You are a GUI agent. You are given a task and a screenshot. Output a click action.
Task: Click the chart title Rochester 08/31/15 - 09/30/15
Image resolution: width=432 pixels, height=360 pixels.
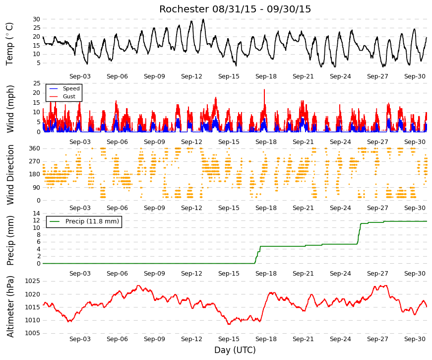tap(235, 9)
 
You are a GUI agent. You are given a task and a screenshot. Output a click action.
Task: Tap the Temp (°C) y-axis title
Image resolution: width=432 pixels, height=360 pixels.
tap(9, 44)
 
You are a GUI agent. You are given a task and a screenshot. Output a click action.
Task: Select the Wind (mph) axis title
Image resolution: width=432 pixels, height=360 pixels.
tap(10, 109)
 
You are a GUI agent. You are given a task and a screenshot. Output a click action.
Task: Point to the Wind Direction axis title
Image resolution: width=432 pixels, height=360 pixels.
tap(10, 175)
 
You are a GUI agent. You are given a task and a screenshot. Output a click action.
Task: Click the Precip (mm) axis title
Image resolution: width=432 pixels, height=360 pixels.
tap(10, 240)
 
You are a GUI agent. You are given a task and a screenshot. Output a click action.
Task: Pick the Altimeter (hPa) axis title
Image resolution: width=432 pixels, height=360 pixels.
tap(10, 306)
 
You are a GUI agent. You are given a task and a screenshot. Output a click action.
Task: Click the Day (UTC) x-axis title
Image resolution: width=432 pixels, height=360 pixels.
tap(235, 350)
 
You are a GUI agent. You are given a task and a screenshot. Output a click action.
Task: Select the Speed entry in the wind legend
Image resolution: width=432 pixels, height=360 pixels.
tap(71, 88)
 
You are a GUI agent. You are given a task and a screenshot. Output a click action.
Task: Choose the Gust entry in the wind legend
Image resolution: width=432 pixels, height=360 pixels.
tap(69, 96)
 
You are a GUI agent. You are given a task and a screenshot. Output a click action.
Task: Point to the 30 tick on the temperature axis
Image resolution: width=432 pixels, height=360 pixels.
tap(36, 19)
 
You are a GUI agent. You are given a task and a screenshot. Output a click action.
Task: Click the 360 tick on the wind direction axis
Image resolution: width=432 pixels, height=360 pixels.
tap(35, 148)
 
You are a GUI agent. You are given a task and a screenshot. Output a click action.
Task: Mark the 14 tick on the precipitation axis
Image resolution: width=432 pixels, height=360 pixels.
tap(37, 214)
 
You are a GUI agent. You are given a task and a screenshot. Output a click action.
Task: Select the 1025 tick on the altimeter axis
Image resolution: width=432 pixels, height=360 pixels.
tap(33, 282)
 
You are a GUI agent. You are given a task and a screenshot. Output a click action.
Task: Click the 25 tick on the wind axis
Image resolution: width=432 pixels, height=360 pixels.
tap(37, 83)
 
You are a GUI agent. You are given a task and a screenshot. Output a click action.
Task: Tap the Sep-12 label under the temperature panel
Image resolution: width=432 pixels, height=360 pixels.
tap(191, 76)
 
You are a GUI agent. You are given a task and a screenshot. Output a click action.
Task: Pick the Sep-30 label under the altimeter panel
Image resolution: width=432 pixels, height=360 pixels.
tap(415, 339)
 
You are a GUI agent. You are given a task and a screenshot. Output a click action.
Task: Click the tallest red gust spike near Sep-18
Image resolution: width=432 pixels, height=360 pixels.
tap(264, 90)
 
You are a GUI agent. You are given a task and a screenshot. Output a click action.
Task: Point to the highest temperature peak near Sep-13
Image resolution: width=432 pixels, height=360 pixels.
tap(203, 19)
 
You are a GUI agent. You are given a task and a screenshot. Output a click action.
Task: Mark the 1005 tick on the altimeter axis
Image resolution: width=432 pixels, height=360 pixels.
tap(33, 333)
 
